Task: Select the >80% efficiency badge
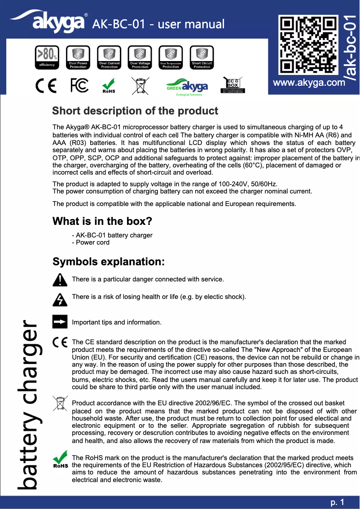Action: (47, 57)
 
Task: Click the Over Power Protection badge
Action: (78, 57)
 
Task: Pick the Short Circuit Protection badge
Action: (202, 57)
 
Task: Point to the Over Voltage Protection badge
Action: (140, 57)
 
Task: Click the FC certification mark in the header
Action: (80, 85)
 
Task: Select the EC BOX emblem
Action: (233, 85)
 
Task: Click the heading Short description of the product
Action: (135, 111)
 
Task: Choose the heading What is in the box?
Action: (102, 221)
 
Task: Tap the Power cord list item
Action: (91, 242)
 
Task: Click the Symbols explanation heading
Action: (108, 262)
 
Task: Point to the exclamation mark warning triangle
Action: (60, 280)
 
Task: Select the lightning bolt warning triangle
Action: (60, 298)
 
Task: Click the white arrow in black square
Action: (60, 322)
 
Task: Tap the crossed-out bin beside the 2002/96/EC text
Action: (59, 404)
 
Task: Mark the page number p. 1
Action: (337, 502)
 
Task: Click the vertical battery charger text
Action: (28, 404)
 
